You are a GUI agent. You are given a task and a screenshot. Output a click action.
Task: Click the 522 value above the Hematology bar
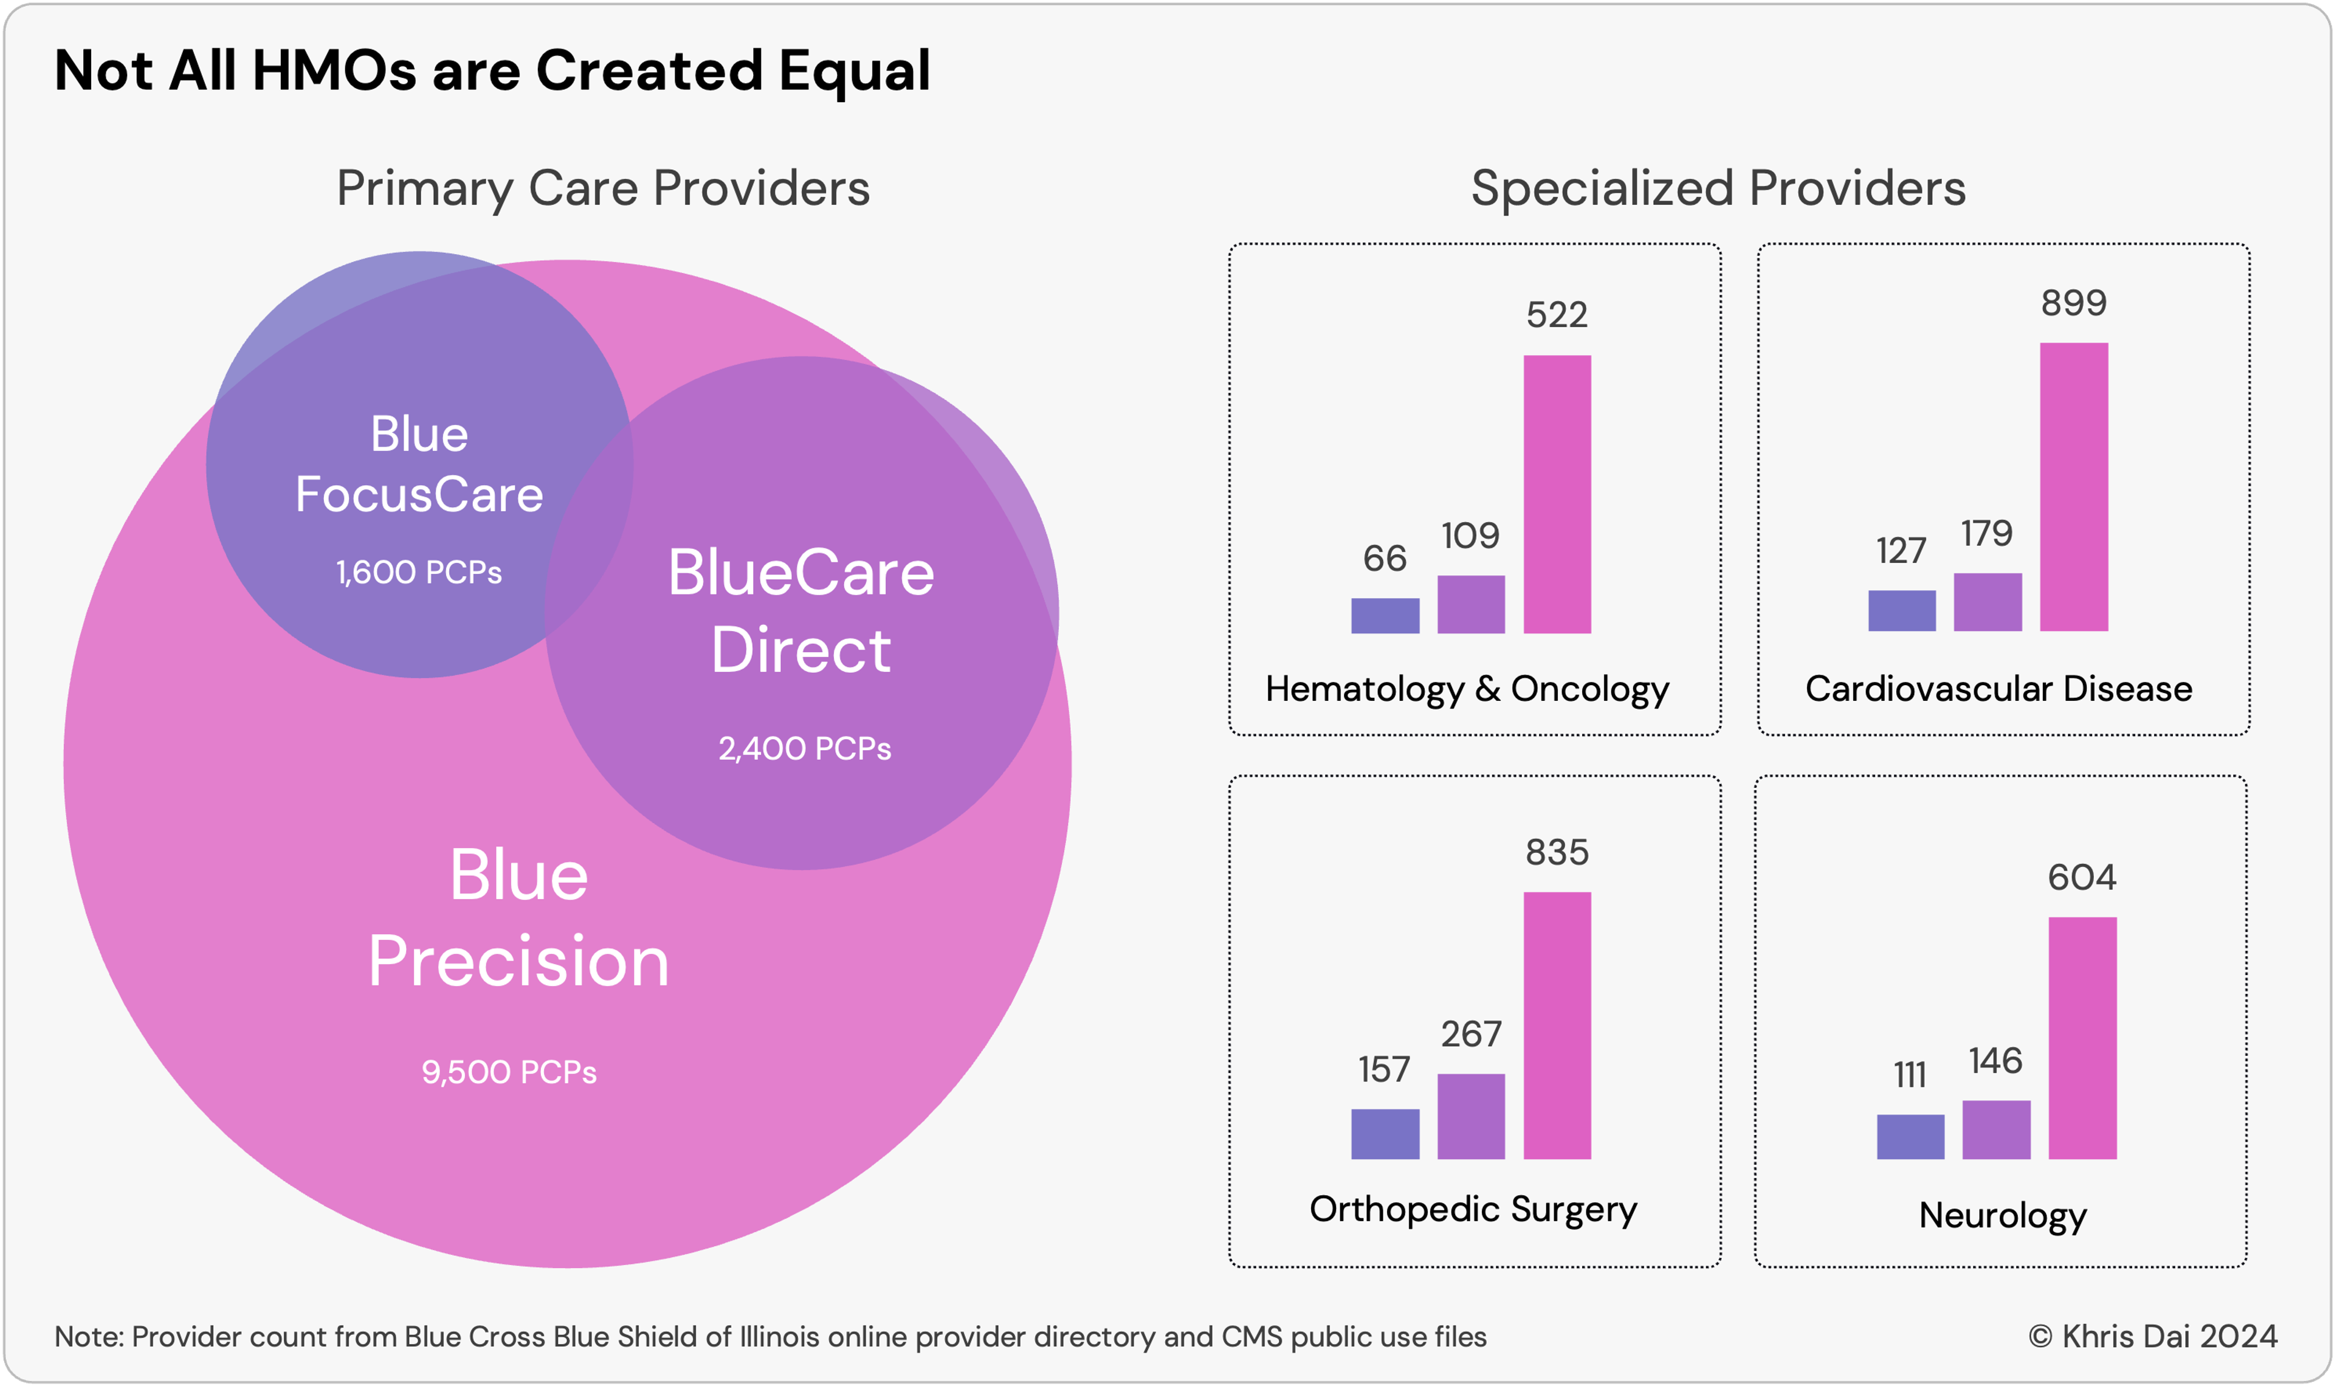point(1557,315)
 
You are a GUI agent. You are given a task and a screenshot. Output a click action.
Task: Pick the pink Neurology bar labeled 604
point(2082,1038)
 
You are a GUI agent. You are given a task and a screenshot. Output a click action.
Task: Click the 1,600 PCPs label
point(419,571)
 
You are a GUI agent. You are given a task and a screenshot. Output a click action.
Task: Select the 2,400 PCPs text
point(804,748)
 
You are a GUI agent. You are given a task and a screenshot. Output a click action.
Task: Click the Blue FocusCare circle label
point(419,464)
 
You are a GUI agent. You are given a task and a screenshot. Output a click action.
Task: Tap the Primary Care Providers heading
point(603,188)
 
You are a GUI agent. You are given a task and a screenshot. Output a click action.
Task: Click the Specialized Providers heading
point(1718,188)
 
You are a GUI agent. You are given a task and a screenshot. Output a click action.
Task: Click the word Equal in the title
point(854,71)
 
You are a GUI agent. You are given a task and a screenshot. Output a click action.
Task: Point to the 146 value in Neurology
point(1995,1060)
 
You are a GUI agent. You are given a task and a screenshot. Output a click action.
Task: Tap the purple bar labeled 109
point(1470,604)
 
